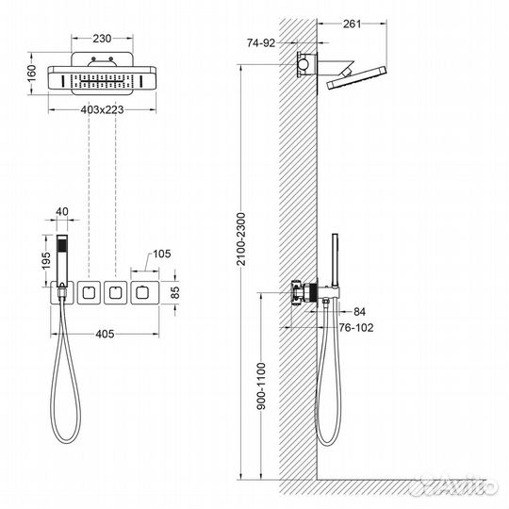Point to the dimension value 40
63,212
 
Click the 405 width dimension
105,333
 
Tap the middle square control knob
116,293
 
